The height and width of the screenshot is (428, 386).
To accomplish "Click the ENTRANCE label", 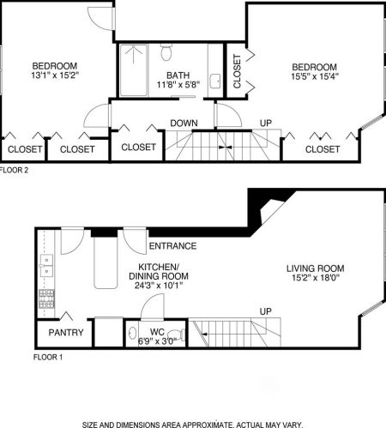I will point(172,247).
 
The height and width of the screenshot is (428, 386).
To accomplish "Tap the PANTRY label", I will point(64,332).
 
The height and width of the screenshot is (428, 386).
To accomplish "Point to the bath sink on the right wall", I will point(215,82).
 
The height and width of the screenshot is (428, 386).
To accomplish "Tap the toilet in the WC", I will point(177,334).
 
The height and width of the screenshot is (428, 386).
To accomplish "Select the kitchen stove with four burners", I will point(45,300).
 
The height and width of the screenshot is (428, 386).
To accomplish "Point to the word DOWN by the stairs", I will point(184,124).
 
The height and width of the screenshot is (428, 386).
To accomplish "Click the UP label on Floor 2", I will point(265,124).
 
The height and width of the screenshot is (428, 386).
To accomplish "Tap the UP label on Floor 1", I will point(265,310).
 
